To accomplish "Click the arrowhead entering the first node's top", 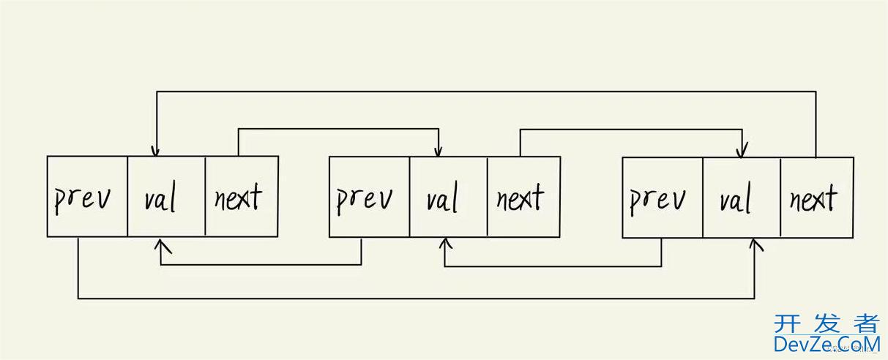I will click(154, 151).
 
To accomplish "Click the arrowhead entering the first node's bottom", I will click(160, 243).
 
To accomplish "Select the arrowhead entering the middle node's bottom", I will click(445, 244).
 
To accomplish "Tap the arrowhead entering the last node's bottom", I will click(755, 244).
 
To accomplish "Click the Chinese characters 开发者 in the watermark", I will click(826, 323).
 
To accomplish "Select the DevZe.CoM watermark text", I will click(826, 344).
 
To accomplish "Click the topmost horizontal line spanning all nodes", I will click(483, 91).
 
